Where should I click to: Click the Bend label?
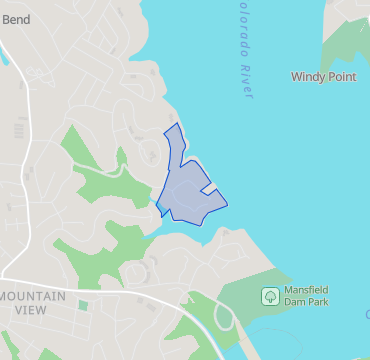pyautogui.click(x=16, y=19)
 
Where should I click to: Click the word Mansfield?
pyautogui.click(x=307, y=290)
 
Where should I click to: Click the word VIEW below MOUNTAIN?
pyautogui.click(x=30, y=310)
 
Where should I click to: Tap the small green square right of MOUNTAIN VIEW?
pyautogui.click(x=83, y=305)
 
